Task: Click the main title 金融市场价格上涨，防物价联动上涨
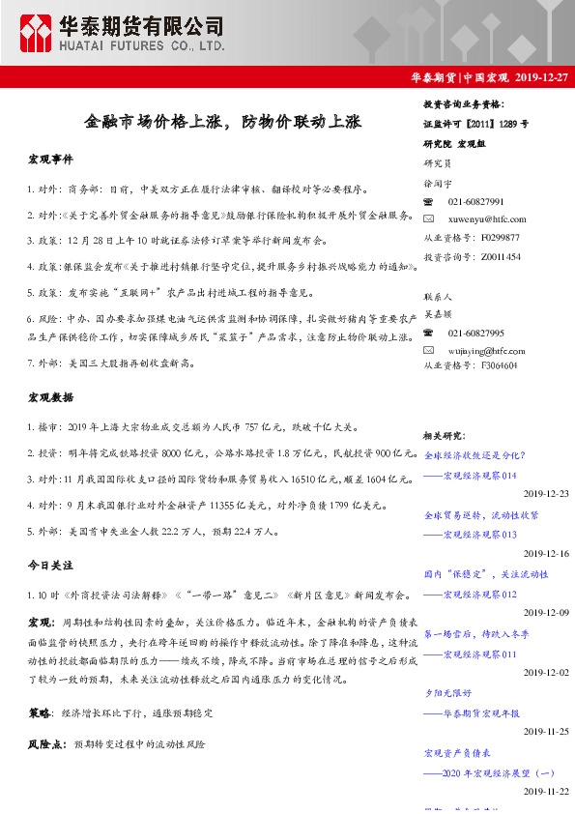pos(222,123)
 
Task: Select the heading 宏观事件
pos(50,160)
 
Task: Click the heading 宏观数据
pos(50,396)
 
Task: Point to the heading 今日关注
pos(50,564)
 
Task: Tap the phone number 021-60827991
pos(475,201)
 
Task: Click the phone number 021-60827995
pos(475,333)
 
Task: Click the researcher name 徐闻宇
pos(438,183)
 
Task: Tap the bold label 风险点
pos(45,744)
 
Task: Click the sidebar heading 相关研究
pos(446,436)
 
